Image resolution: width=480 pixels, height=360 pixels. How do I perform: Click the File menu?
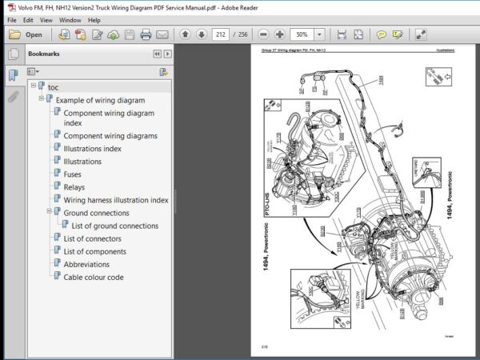click(11, 19)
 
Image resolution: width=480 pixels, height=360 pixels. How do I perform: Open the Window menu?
click(70, 19)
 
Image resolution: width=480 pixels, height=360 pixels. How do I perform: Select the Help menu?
click(94, 19)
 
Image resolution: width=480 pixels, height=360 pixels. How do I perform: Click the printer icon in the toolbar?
click(146, 34)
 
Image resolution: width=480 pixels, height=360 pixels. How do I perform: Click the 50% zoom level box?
click(303, 34)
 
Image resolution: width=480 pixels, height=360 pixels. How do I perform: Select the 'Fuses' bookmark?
click(72, 174)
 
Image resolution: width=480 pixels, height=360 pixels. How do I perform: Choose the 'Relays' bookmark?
click(74, 187)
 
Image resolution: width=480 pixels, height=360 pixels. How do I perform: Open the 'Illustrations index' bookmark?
click(92, 149)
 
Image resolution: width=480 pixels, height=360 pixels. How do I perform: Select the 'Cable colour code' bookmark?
click(93, 277)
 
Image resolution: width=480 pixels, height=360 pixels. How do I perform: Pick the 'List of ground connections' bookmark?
click(114, 226)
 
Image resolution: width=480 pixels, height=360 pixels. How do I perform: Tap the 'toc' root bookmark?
click(53, 86)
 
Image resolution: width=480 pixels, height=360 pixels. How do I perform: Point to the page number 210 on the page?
click(264, 346)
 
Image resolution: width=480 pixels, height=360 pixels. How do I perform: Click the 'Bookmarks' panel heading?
click(43, 54)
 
